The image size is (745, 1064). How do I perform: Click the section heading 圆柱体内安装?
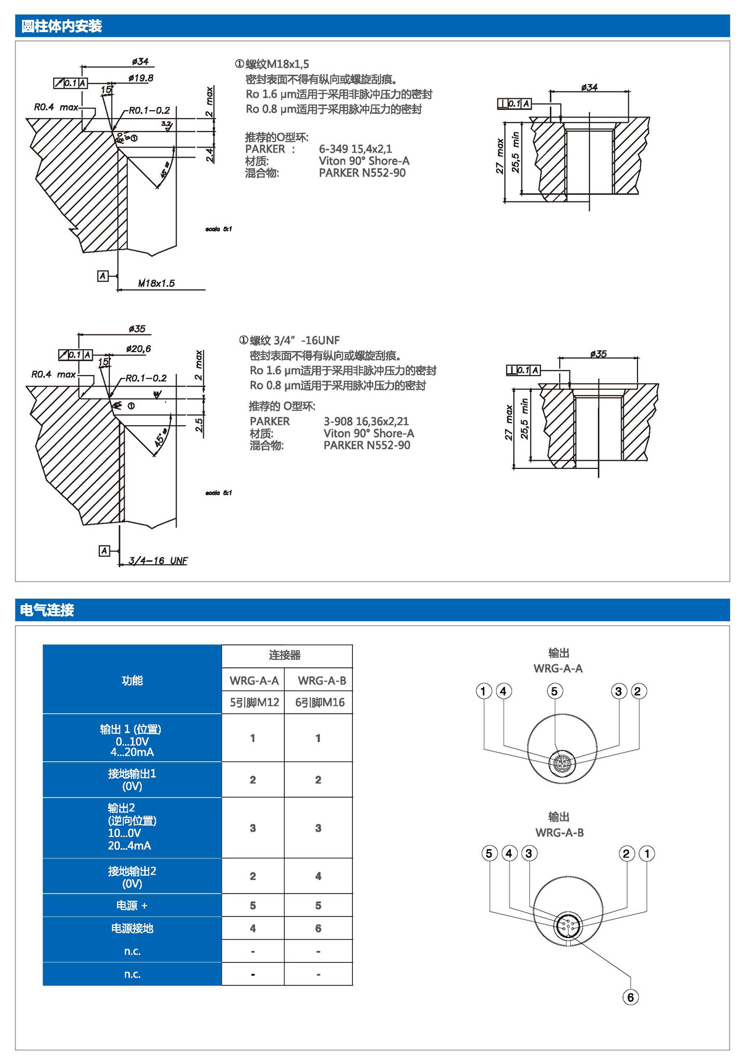tap(61, 27)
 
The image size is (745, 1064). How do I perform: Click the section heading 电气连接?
tap(47, 610)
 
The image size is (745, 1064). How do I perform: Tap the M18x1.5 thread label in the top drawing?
tap(156, 283)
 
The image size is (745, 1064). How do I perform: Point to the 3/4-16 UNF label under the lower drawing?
tap(158, 560)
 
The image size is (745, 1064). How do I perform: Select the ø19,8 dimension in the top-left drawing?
tap(141, 78)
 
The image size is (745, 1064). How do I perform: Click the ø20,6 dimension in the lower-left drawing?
tap(138, 348)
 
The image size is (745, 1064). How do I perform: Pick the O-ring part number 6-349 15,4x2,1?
tap(355, 149)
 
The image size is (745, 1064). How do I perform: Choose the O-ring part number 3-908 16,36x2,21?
tap(366, 421)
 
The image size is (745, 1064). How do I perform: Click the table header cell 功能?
tap(132, 680)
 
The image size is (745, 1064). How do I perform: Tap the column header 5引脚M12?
tap(254, 703)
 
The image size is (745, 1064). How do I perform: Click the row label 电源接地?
tap(132, 928)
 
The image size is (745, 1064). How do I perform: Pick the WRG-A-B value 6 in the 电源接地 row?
tap(318, 928)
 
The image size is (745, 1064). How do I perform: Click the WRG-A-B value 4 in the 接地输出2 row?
tap(318, 876)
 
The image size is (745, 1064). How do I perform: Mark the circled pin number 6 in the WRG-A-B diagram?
tap(630, 997)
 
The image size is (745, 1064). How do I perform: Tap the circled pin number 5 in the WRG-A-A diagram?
tap(554, 691)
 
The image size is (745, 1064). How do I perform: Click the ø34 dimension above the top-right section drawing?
tap(589, 87)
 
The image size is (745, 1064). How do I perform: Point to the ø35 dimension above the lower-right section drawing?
tap(598, 354)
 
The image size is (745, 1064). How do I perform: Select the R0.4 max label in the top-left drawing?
tap(56, 107)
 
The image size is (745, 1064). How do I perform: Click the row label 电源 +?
tap(132, 905)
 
